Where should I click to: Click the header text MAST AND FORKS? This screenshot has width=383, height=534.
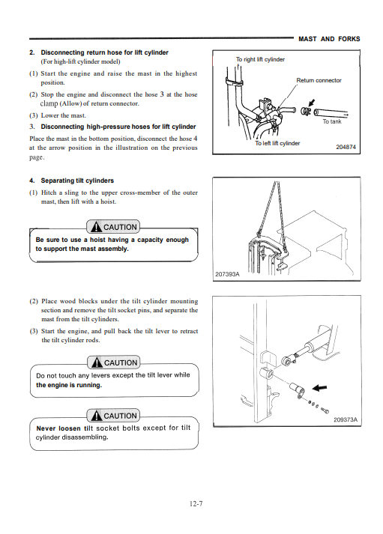tap(329, 39)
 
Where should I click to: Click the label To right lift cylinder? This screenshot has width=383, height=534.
tap(260, 59)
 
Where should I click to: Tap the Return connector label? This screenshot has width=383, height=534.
tap(319, 80)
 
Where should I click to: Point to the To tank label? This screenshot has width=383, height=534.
tap(332, 121)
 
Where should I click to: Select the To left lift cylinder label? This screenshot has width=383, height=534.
tap(277, 143)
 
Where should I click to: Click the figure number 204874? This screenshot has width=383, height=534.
tap(346, 147)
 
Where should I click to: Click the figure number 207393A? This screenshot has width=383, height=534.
tap(227, 274)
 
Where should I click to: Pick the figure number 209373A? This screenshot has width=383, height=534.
tap(346, 419)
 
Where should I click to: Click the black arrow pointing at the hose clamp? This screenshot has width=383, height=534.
tap(311, 103)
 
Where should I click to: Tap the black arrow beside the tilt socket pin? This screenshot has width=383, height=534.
tap(319, 387)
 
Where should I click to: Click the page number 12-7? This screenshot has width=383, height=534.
tap(196, 504)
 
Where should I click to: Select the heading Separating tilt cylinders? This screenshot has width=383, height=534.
tap(77, 180)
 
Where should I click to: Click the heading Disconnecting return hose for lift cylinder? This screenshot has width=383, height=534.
tap(105, 52)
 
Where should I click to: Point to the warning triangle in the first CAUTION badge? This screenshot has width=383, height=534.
tap(97, 227)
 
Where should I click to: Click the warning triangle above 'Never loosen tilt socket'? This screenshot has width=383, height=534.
tap(97, 416)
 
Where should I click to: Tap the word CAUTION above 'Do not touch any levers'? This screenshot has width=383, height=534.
tap(121, 363)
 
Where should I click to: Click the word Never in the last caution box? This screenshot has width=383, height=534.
tap(46, 428)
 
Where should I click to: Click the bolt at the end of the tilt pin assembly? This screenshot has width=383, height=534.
tap(325, 411)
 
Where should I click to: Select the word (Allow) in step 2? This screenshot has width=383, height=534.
tap(71, 103)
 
